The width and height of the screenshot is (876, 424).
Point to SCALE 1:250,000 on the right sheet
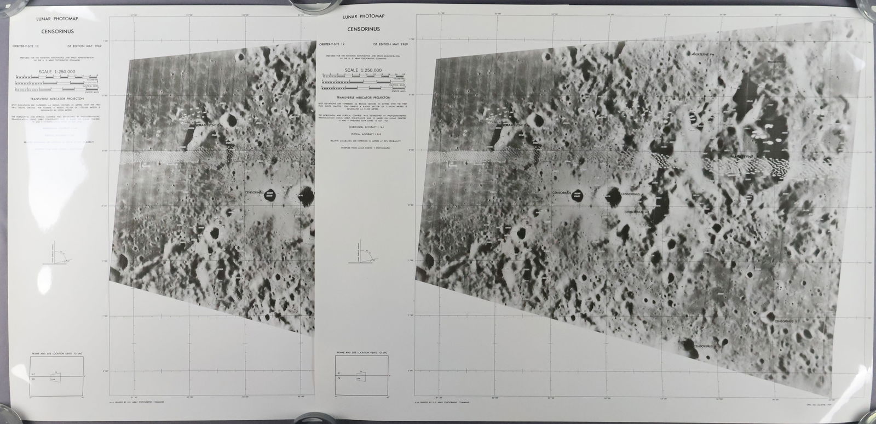click(x=363, y=71)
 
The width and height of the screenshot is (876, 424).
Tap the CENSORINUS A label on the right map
click(x=636, y=210)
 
